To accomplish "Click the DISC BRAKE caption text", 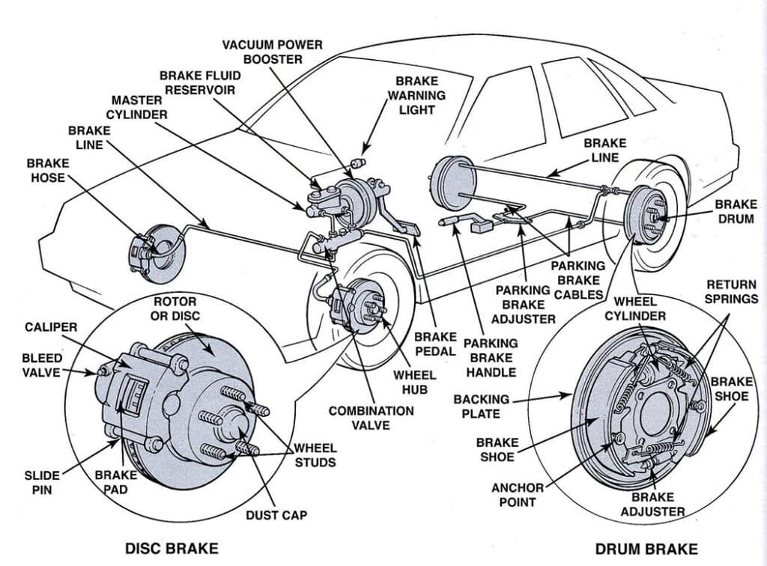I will (172, 548).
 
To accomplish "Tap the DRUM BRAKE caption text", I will (646, 549).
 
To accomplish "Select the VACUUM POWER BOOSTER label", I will (273, 52).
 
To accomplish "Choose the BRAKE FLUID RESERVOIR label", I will (197, 82).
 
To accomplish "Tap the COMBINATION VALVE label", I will (371, 418).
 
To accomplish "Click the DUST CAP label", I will (276, 515).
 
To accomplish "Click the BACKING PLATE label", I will (481, 407).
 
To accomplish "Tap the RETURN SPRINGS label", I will (732, 291).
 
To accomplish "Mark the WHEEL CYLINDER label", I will (635, 308).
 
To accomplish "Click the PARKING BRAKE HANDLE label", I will (490, 357).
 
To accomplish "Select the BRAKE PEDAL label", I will (434, 344).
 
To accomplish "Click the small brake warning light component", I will (357, 162).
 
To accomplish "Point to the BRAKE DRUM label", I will (736, 210).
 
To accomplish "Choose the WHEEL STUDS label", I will (315, 455).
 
